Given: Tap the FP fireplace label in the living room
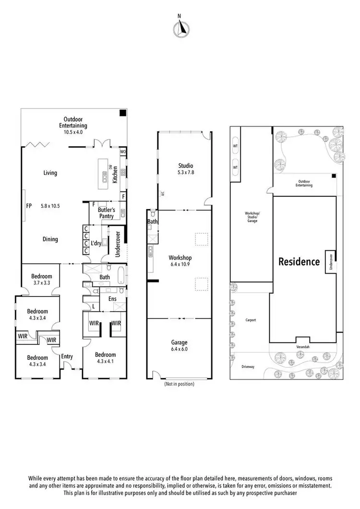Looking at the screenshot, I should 29,206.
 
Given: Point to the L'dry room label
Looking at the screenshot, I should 96,244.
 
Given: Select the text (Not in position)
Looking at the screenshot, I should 180,384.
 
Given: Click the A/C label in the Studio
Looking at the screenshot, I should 163,194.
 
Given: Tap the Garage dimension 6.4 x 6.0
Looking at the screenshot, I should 180,349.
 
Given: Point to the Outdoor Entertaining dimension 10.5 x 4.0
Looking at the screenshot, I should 74,132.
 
